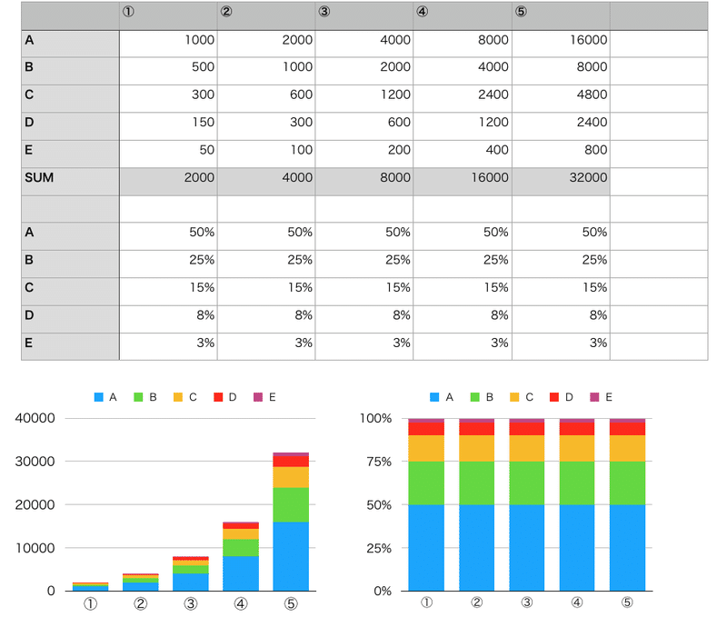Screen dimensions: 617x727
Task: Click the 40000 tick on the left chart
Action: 35,419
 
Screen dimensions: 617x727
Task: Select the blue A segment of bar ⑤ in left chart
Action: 291,556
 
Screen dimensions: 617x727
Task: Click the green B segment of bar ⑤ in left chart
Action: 291,504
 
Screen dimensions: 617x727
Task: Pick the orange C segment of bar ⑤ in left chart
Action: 291,477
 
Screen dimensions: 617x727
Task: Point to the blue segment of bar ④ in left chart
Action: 241,573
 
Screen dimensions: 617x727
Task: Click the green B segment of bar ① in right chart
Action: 426,483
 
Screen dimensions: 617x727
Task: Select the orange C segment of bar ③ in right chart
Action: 526,448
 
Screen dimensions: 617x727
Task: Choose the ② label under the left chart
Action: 141,603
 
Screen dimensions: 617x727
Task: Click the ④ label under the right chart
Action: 576,602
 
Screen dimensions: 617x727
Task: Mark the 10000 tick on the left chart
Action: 35,548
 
